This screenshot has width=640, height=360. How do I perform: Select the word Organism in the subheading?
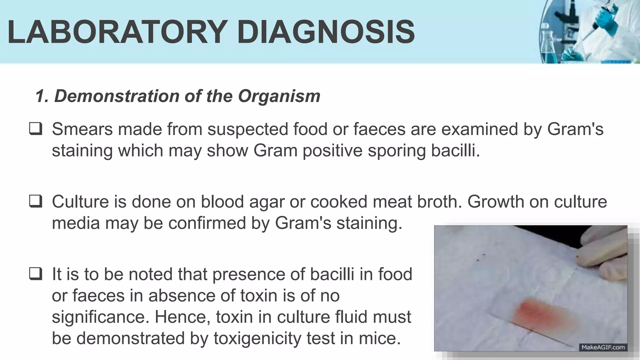279,96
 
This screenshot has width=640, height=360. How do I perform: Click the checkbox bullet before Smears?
35,129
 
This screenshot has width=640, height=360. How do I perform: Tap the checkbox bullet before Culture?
35,202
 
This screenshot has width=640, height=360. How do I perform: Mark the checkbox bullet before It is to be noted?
35,274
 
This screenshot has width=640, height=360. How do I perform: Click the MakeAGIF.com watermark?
603,347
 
